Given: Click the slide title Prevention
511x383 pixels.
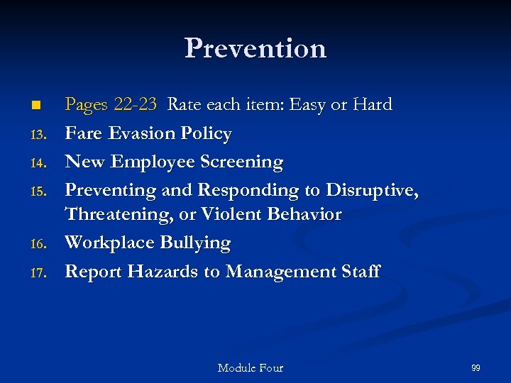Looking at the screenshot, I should pos(255,48).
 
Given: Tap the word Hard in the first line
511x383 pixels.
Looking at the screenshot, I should pos(373,105).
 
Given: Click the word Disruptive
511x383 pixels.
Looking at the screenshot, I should pos(371,190).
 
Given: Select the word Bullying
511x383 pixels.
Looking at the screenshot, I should pos(195,243).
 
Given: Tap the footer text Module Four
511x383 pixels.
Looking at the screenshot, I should pos(250,367).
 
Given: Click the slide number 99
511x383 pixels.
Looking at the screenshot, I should pos(476,367).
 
